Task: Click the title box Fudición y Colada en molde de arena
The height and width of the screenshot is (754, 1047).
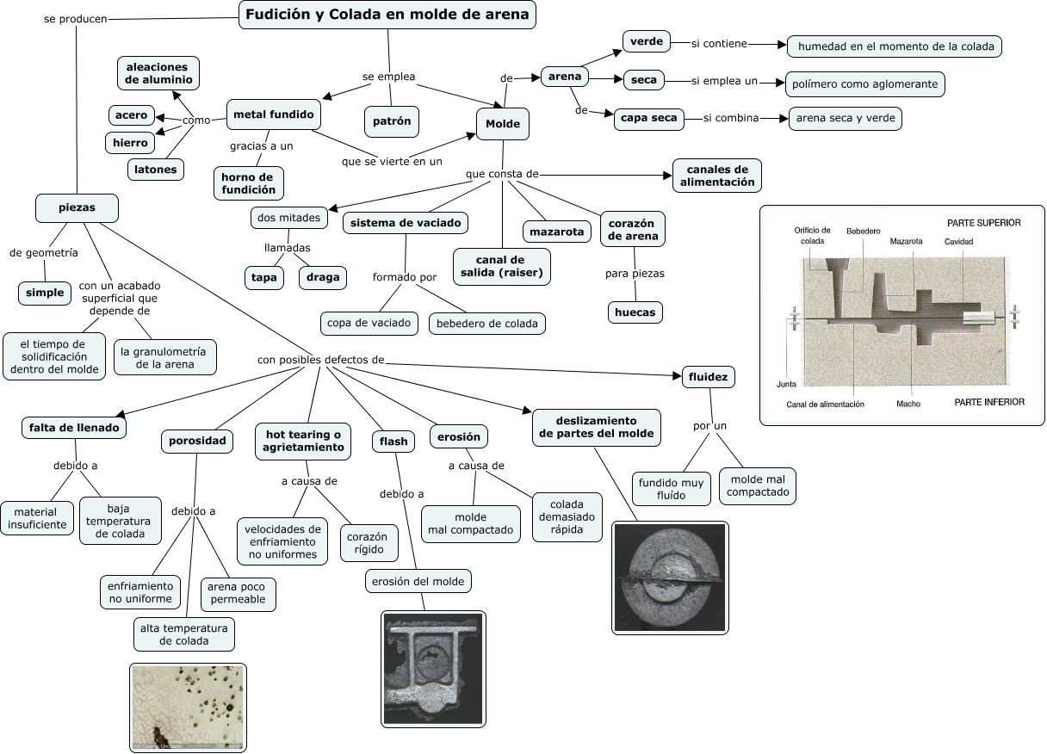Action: [387, 15]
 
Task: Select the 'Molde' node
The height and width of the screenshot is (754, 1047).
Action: [503, 124]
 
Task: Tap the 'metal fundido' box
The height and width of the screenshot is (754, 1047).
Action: [274, 114]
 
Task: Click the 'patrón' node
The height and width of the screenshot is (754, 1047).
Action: [392, 121]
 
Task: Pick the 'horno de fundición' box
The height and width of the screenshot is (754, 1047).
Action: [248, 182]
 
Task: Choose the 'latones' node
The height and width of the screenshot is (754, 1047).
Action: [156, 170]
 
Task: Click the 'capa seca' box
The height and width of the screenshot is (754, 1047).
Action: [649, 118]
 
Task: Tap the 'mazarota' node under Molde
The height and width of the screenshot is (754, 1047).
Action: [556, 231]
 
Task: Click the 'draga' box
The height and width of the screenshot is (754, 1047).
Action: [323, 277]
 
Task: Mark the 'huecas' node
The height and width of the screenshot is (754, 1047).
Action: [635, 312]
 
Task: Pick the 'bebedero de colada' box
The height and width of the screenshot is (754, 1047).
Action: [486, 324]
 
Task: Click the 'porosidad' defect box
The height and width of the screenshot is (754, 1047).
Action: [197, 442]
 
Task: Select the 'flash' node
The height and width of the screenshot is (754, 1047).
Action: [393, 442]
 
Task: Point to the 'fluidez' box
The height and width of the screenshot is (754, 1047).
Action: [709, 376]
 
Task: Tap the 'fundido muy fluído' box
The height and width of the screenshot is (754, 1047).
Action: [671, 489]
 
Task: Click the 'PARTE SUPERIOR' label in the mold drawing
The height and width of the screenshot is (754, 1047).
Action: [983, 223]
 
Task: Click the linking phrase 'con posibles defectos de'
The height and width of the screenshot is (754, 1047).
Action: [320, 359]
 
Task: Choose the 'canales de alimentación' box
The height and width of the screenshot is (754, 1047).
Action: [717, 176]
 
